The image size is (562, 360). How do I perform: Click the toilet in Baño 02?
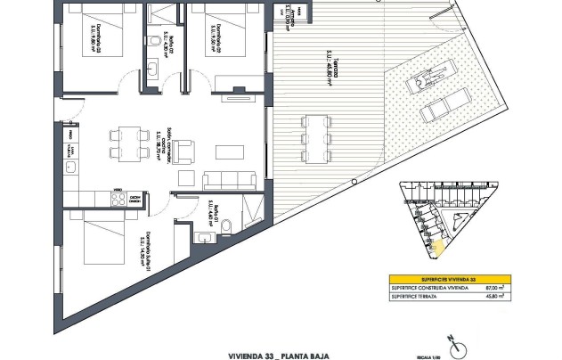tap(155, 43)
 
